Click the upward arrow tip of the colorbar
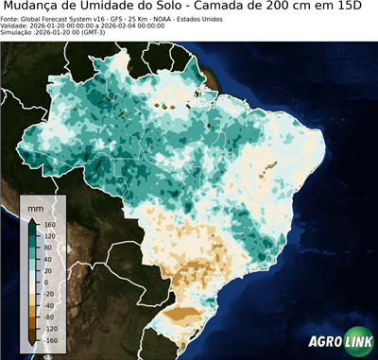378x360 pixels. pos(31,218)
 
